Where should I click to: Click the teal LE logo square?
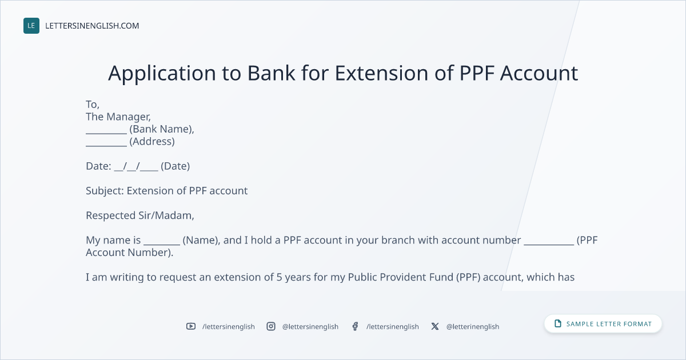point(31,26)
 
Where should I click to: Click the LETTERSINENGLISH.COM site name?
point(92,26)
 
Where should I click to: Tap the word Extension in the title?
point(382,73)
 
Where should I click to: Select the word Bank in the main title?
point(271,73)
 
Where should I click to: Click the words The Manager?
point(118,117)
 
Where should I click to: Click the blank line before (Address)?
point(106,146)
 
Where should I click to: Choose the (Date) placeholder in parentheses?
point(175,166)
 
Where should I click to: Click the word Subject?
point(105,191)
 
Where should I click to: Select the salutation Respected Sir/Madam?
point(139,215)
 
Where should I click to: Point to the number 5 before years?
point(279,277)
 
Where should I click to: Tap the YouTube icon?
point(191,326)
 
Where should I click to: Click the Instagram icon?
point(271,326)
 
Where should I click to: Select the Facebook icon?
point(355,326)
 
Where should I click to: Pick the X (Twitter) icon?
point(435,326)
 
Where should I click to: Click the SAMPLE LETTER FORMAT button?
point(603,323)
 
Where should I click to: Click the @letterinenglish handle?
point(473,327)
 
